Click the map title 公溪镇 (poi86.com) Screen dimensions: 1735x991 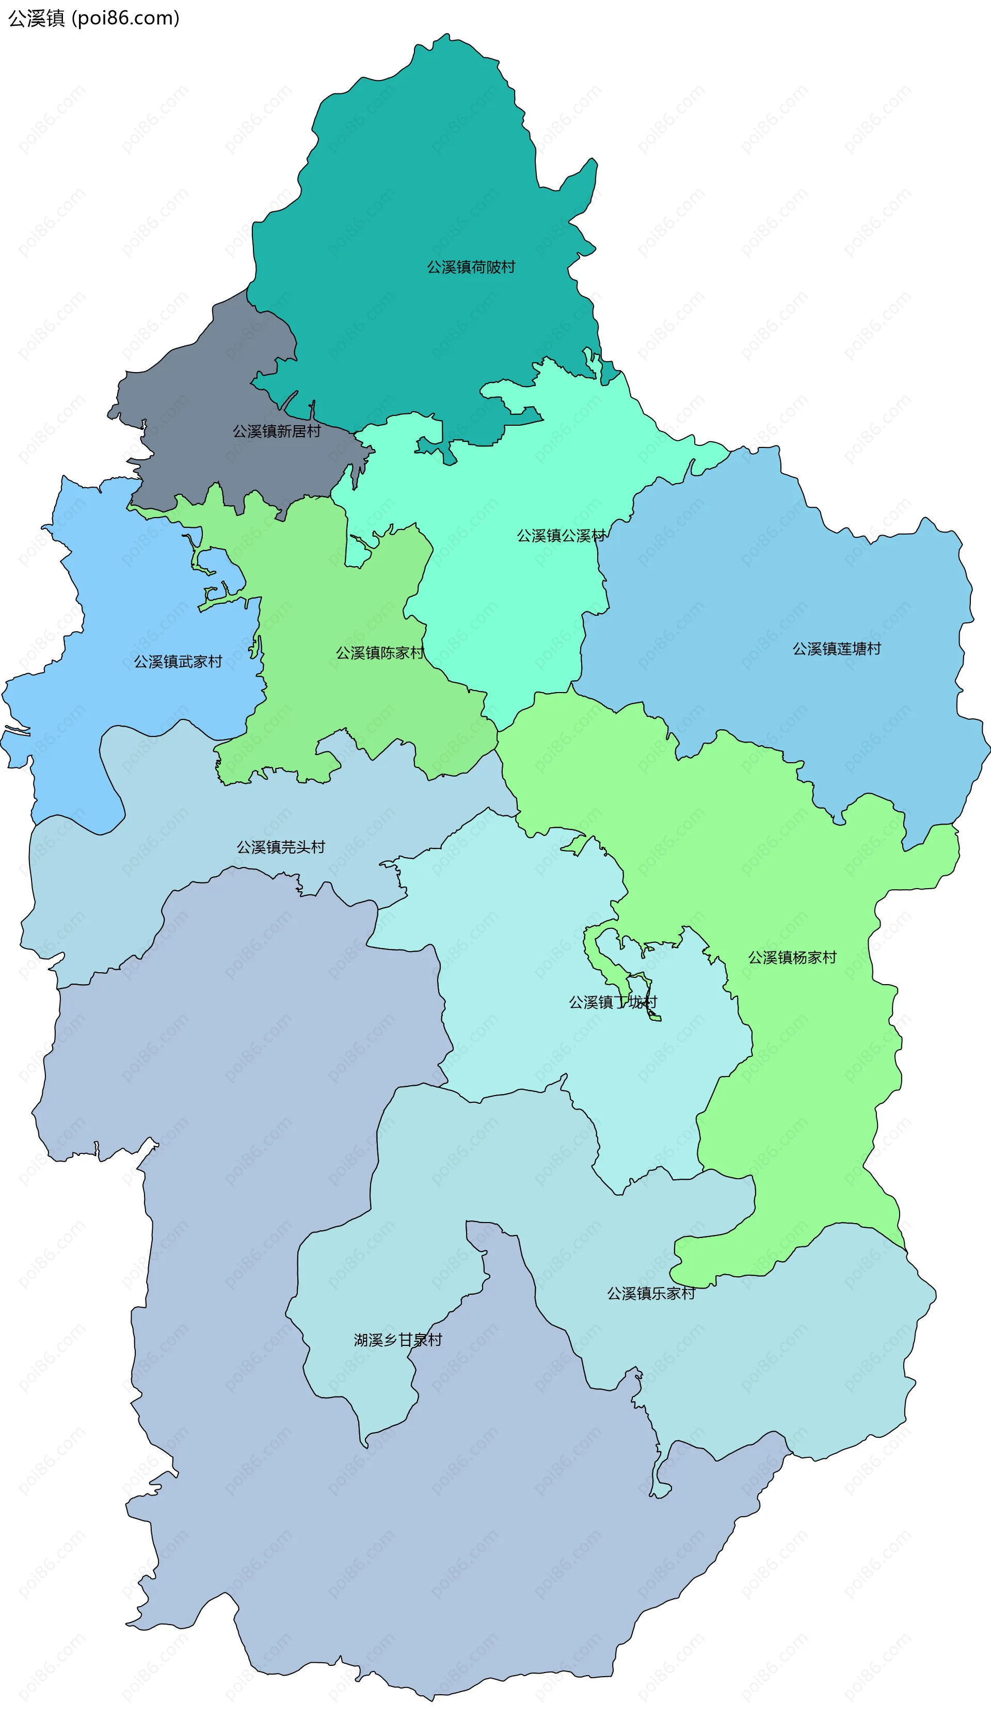pyautogui.click(x=93, y=18)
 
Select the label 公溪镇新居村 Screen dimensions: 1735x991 pyautogui.click(x=276, y=431)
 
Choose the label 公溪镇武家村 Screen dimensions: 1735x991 pyautogui.click(x=178, y=662)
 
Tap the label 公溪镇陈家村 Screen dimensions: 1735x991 pyautogui.click(x=380, y=652)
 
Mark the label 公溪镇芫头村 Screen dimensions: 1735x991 pyautogui.click(x=280, y=846)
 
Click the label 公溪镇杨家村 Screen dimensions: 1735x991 pyautogui.click(x=792, y=957)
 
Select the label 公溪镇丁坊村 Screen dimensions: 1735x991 pyautogui.click(x=613, y=1002)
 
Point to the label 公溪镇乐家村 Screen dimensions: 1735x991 pyautogui.click(x=651, y=1293)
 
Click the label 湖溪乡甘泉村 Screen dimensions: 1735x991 pyautogui.click(x=397, y=1340)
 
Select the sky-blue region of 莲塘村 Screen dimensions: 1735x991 pyautogui.click(x=782, y=579)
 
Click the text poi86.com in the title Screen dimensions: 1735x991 pyautogui.click(x=125, y=18)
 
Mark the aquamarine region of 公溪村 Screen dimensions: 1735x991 pyautogui.click(x=517, y=613)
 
